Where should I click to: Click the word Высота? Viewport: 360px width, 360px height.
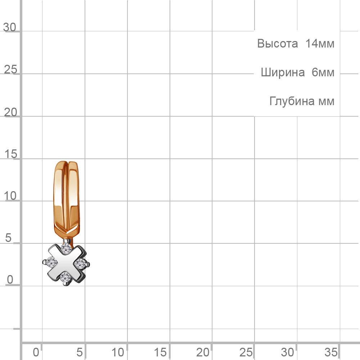coord(277,44)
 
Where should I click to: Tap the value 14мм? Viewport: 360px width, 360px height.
coord(320,44)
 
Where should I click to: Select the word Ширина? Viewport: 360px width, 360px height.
coord(283,73)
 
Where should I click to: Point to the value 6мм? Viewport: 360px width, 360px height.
coord(323,73)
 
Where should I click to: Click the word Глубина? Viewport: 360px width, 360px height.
coord(292,101)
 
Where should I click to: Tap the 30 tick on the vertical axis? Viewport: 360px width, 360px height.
coord(10,27)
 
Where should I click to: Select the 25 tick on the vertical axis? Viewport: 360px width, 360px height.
coord(10,69)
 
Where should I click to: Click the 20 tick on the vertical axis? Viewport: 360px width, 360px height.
coord(10,112)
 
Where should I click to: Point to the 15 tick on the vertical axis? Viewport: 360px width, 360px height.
coord(10,154)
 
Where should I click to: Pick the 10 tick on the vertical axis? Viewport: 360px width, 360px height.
coord(10,196)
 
